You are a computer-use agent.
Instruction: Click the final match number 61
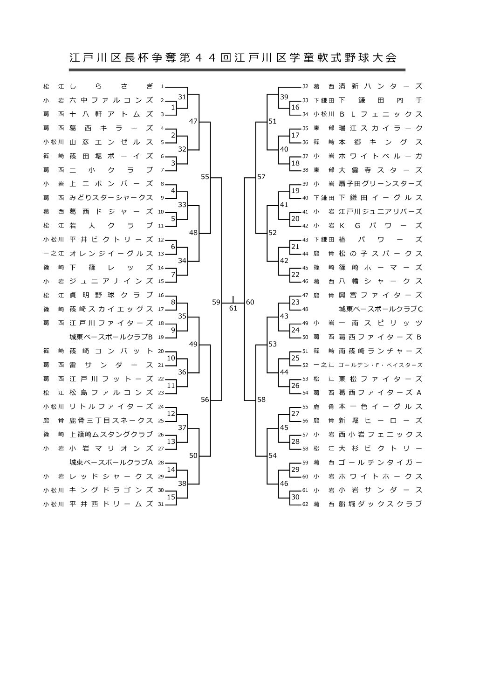tap(233, 308)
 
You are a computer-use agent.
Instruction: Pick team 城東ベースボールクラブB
tap(111, 337)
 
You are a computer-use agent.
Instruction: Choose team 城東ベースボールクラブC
tap(381, 309)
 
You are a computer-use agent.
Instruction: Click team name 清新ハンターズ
tap(381, 86)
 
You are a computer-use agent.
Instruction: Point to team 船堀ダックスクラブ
tap(381, 504)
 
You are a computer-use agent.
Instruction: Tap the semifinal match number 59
tap(216, 302)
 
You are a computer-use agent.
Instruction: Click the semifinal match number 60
tap(250, 302)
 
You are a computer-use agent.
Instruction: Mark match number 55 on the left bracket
tap(205, 177)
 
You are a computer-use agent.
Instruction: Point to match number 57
tap(261, 177)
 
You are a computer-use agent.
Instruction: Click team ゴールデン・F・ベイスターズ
tap(381, 365)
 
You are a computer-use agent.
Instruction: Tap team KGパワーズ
tap(381, 226)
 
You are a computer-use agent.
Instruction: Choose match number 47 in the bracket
tap(193, 121)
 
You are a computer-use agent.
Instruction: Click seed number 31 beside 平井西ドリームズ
tap(161, 504)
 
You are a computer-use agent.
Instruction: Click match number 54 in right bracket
tap(273, 456)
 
